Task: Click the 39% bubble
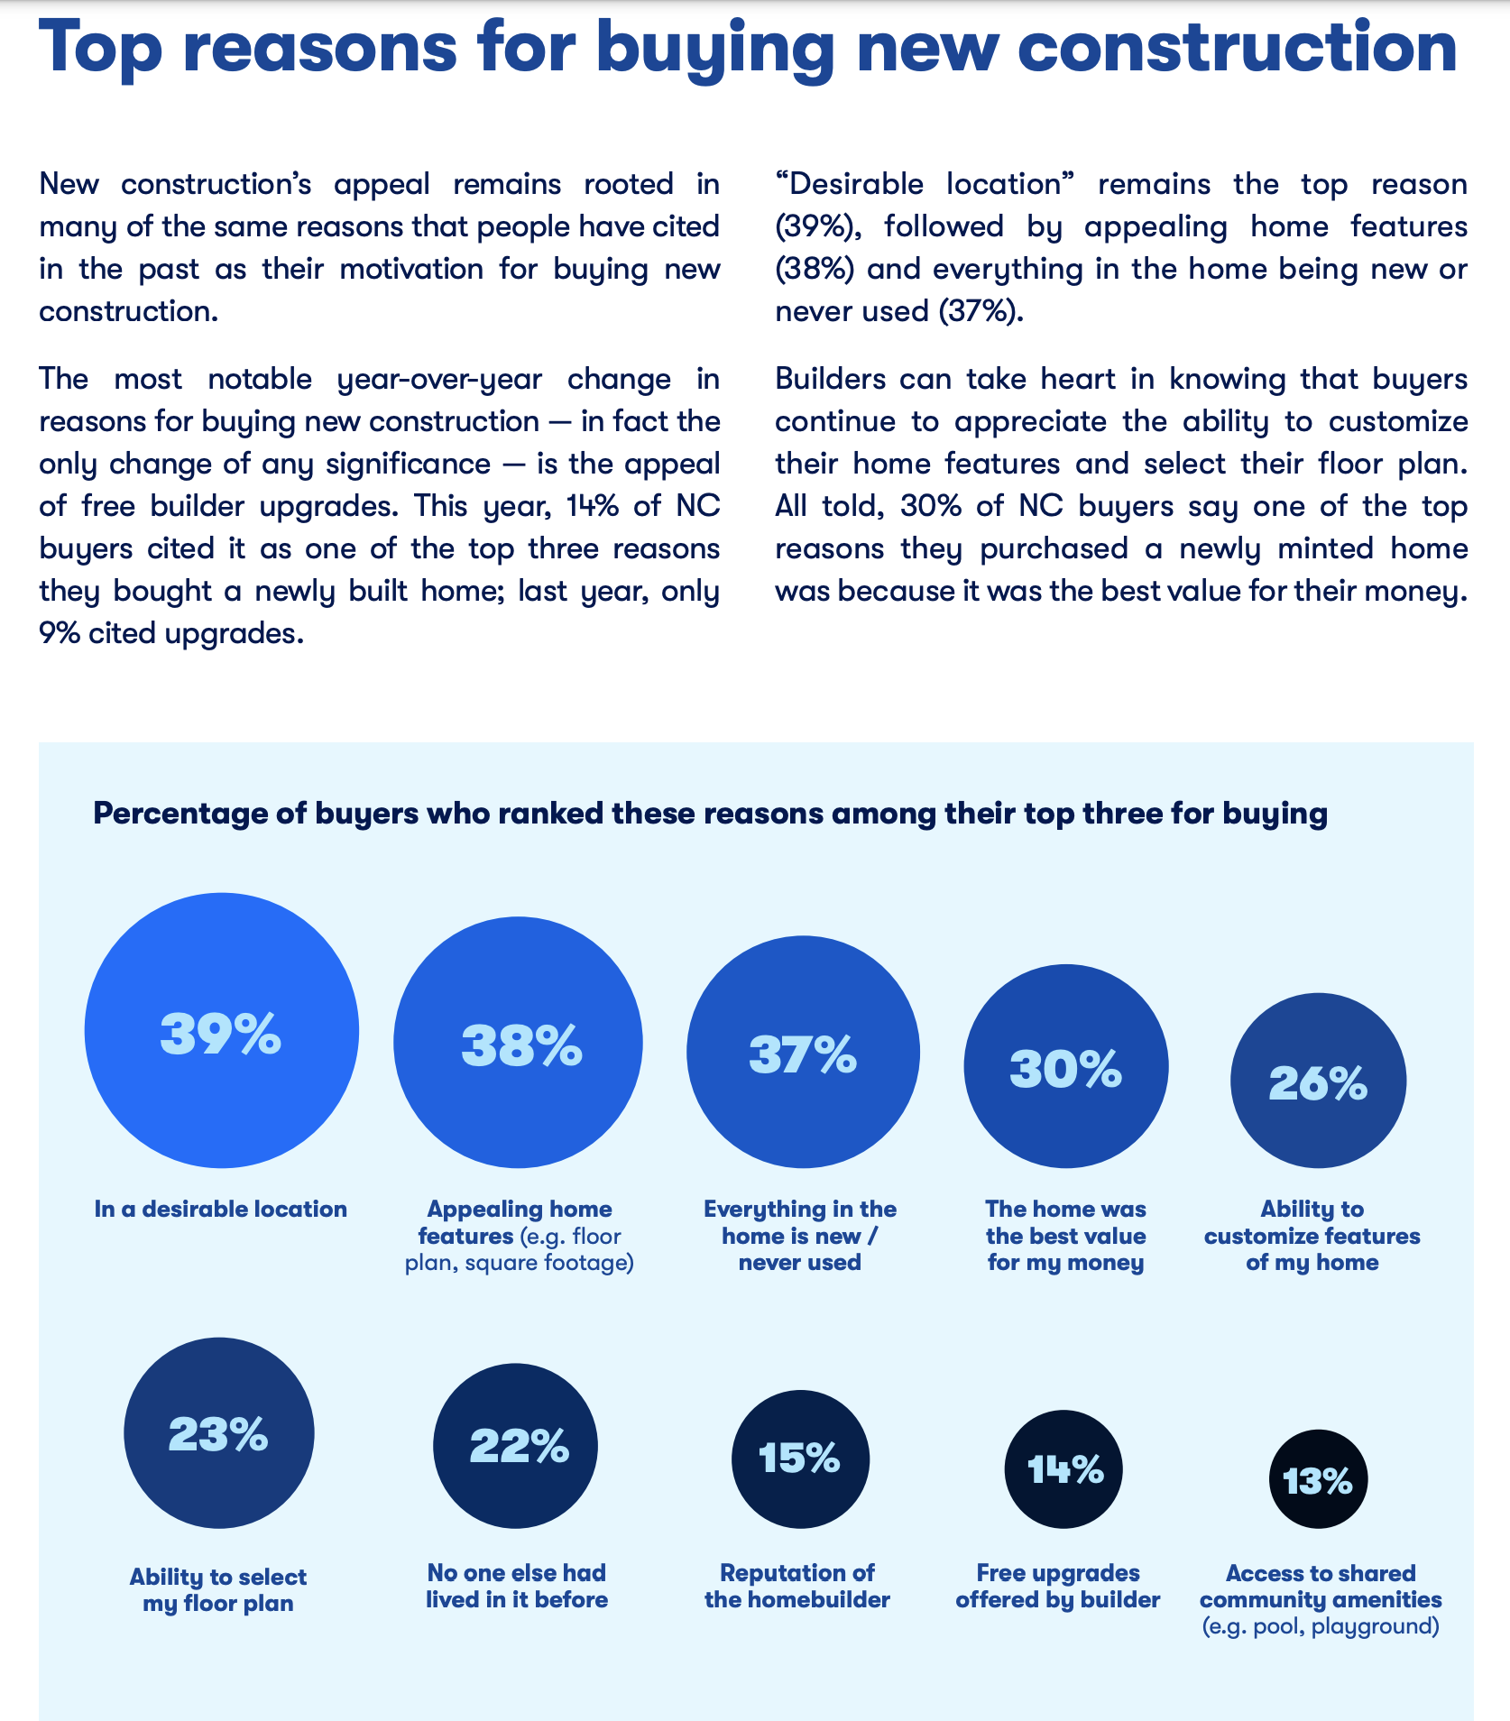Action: click(x=222, y=1030)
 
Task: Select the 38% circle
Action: click(x=518, y=1042)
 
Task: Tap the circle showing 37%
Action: click(x=803, y=1052)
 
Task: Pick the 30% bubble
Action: click(x=1066, y=1066)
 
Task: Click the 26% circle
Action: click(x=1318, y=1081)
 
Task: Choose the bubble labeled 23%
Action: click(x=219, y=1432)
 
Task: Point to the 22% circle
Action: click(x=515, y=1446)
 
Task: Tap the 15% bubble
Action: click(x=800, y=1459)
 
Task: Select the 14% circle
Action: click(x=1063, y=1469)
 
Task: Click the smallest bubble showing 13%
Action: click(x=1318, y=1479)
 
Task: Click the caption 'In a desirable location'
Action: click(x=221, y=1209)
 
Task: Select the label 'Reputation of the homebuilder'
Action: click(x=797, y=1586)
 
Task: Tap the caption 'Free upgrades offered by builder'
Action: click(x=1058, y=1586)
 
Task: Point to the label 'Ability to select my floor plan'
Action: click(x=218, y=1590)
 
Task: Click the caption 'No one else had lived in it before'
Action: click(x=517, y=1586)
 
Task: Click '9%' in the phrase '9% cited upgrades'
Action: click(x=60, y=633)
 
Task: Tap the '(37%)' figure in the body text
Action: click(x=981, y=311)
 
